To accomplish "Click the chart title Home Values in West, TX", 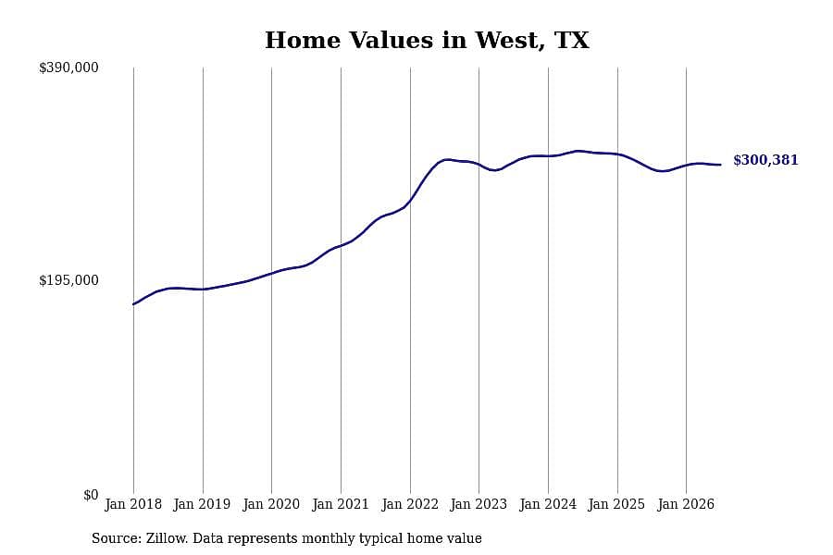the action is pyautogui.click(x=427, y=41).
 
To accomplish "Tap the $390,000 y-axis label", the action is pyautogui.click(x=68, y=68).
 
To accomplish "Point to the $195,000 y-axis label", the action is pyautogui.click(x=68, y=280).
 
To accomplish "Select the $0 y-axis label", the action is pyautogui.click(x=91, y=495).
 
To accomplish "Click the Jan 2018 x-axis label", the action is pyautogui.click(x=133, y=504).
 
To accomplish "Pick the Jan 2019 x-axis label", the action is pyautogui.click(x=203, y=504).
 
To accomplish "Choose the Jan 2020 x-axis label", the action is pyautogui.click(x=271, y=504).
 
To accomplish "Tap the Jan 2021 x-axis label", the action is pyautogui.click(x=341, y=504).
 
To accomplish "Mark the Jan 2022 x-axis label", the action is pyautogui.click(x=410, y=504).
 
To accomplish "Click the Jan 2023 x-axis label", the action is pyautogui.click(x=479, y=504).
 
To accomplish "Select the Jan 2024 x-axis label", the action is pyautogui.click(x=548, y=504).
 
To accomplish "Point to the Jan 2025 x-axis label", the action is pyautogui.click(x=616, y=504).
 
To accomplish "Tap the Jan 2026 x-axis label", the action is pyautogui.click(x=686, y=504).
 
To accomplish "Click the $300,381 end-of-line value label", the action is pyautogui.click(x=765, y=160).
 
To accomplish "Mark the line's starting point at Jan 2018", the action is pyautogui.click(x=133, y=304).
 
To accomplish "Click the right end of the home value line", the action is pyautogui.click(x=720, y=165).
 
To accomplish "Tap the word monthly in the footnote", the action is pyautogui.click(x=329, y=539).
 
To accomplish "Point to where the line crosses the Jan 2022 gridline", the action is pyautogui.click(x=410, y=201).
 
